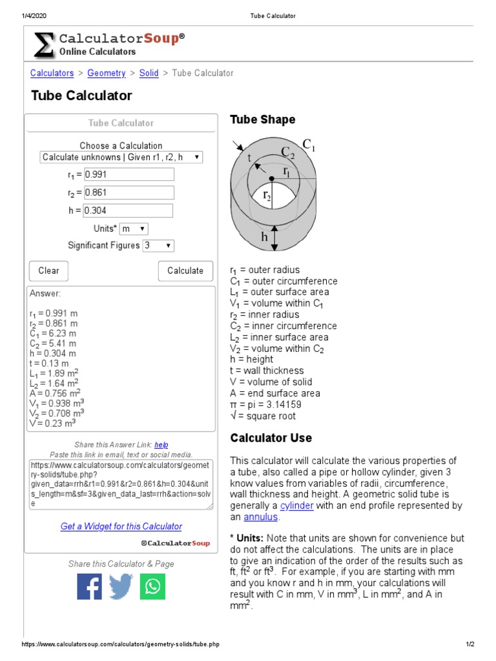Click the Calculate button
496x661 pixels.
(x=185, y=271)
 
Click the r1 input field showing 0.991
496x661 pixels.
(x=129, y=174)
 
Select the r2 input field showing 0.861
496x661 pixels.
(x=129, y=192)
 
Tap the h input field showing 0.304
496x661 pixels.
(x=128, y=210)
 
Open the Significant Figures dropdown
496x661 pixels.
(x=158, y=246)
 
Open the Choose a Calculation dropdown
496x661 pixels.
(x=121, y=158)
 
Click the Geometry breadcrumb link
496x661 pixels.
(x=107, y=74)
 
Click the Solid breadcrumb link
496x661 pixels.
(x=149, y=74)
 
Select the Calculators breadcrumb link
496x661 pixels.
(x=52, y=74)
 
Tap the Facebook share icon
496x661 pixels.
(x=90, y=587)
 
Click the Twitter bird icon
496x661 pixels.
(x=121, y=587)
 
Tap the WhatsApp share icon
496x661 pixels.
(x=152, y=587)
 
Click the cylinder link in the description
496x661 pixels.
(x=296, y=506)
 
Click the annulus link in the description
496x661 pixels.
(x=261, y=517)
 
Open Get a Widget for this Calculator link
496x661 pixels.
(x=121, y=527)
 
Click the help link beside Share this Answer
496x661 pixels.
(x=161, y=445)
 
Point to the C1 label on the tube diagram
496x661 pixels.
(x=309, y=145)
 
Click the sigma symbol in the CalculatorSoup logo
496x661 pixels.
(x=43, y=45)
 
